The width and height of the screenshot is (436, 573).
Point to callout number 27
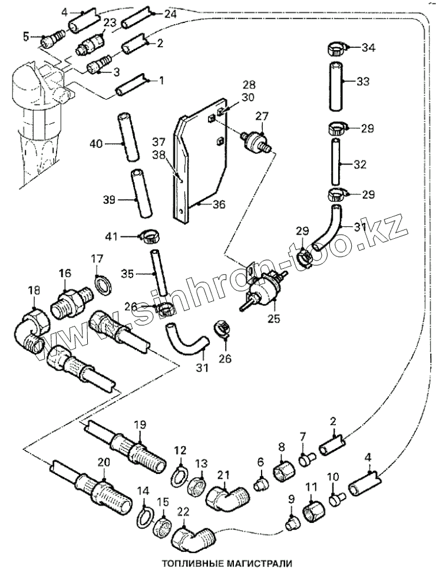(261, 117)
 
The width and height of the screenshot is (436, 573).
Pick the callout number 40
(95, 143)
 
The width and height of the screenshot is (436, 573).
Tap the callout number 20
(104, 463)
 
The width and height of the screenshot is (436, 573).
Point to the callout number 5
(25, 37)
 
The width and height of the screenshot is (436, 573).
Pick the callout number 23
(109, 22)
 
